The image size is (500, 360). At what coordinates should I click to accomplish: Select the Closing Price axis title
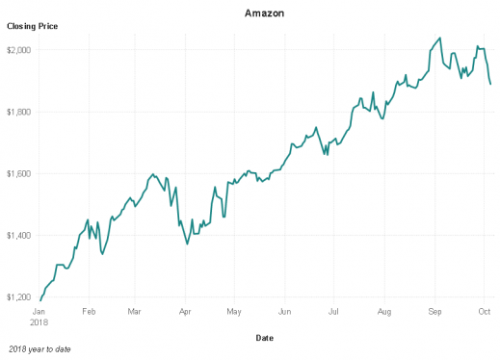33,27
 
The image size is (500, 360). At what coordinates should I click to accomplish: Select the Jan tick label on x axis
39,312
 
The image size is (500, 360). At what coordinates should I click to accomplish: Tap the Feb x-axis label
89,312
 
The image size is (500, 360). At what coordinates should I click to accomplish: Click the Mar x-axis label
135,312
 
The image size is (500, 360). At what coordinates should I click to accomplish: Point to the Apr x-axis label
185,312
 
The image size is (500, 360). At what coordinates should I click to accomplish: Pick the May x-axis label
233,312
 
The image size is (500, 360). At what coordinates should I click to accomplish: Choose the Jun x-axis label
284,312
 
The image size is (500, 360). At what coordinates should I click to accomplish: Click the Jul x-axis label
333,312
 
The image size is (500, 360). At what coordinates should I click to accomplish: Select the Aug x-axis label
384,312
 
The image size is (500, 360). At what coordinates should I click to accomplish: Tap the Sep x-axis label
434,312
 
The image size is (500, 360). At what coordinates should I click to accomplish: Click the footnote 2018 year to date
39,348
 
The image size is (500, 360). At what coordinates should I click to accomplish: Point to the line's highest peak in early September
440,39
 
